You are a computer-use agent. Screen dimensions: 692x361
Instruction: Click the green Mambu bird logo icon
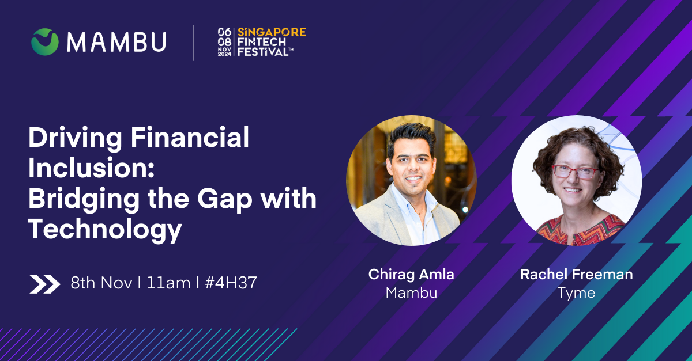(45, 41)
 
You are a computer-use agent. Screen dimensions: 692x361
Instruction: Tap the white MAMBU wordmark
(116, 41)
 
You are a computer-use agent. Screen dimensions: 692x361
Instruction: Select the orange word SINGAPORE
(272, 32)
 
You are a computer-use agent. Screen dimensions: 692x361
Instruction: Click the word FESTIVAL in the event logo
(263, 51)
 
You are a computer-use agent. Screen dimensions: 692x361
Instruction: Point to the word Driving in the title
(75, 138)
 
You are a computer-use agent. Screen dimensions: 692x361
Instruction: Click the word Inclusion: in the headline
(92, 168)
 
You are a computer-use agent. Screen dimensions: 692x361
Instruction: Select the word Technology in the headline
(105, 229)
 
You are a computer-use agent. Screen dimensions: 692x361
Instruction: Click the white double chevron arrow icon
(45, 284)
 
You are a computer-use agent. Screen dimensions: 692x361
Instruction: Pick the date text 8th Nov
(101, 283)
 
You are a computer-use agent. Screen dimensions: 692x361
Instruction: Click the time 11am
(168, 283)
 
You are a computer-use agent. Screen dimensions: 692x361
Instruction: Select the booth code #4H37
(231, 283)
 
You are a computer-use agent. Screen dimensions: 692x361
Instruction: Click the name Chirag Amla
(411, 275)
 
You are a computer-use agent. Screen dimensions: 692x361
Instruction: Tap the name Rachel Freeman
(577, 274)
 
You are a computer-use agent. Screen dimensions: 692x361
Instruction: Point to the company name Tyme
(577, 293)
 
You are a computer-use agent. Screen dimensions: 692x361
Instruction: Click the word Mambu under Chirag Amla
(411, 293)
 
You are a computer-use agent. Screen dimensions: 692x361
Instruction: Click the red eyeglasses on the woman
(576, 172)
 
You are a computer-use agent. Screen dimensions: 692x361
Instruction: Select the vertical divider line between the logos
(194, 43)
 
